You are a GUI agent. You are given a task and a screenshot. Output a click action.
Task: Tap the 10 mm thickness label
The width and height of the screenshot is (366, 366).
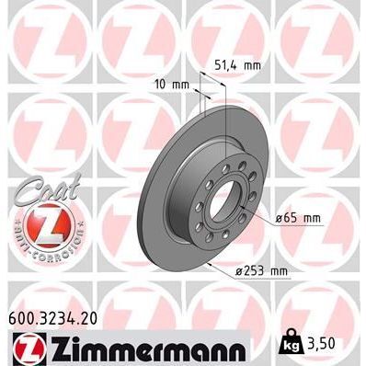tap(173, 84)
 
